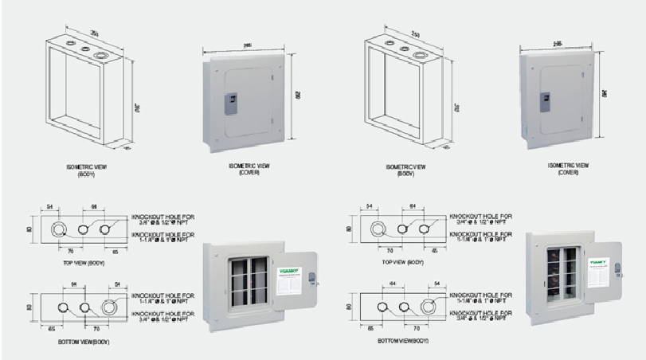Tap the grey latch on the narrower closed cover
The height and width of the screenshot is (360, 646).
click(x=546, y=102)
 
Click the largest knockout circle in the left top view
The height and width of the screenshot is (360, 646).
click(x=59, y=230)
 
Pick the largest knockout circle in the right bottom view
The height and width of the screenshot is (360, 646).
click(x=431, y=307)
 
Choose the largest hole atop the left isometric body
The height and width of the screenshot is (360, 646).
click(x=101, y=57)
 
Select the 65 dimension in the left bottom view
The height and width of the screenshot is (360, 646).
click(x=51, y=327)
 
